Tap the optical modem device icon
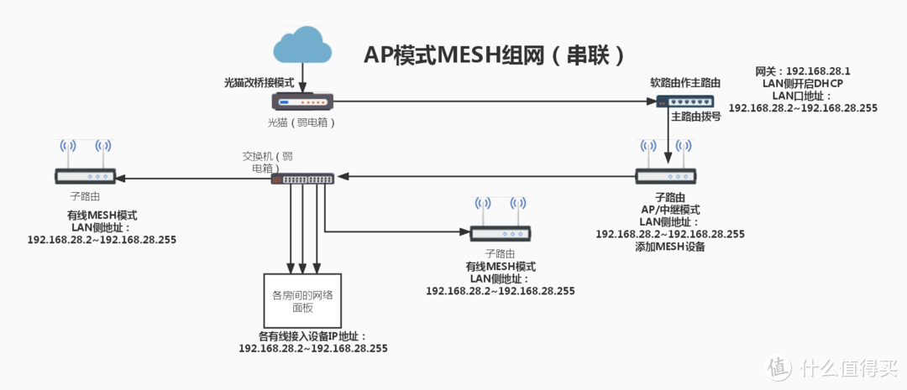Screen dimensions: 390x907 click(x=303, y=102)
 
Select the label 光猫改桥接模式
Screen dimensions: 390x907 click(x=258, y=84)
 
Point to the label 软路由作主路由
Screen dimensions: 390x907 click(x=685, y=83)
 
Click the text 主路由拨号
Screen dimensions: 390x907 click(x=695, y=117)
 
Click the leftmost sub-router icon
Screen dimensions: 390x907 click(x=85, y=176)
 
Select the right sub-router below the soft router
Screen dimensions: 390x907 click(x=666, y=176)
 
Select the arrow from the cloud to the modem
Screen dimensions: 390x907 click(x=302, y=79)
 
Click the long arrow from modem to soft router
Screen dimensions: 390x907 click(x=495, y=101)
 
